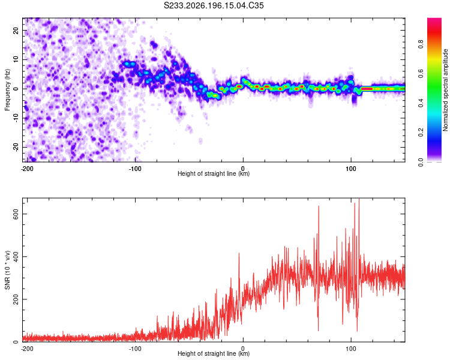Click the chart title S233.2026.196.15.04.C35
click(214, 5)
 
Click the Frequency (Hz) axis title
click(7, 90)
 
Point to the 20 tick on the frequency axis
click(16, 30)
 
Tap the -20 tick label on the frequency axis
click(16, 147)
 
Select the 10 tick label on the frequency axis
click(16, 59)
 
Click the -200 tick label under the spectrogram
click(27, 169)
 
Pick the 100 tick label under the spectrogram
click(351, 169)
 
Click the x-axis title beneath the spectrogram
click(214, 173)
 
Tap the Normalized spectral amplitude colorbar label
click(445, 90)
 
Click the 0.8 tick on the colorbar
click(421, 44)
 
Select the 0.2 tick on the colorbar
click(421, 133)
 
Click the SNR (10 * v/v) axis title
click(7, 270)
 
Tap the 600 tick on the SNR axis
click(16, 214)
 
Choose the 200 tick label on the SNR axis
click(16, 299)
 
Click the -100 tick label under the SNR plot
click(135, 349)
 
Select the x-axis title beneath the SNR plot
click(214, 353)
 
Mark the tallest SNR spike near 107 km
click(359, 199)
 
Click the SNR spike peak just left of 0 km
click(239, 253)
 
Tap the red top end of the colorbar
click(434, 19)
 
